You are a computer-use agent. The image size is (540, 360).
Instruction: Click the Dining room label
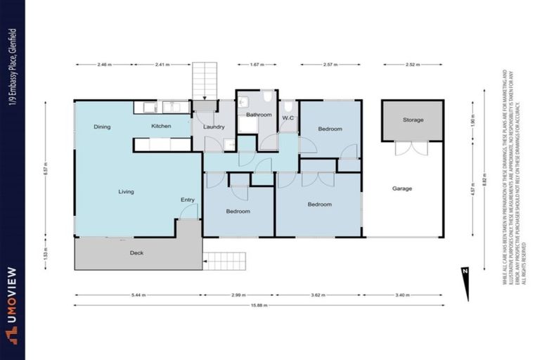pos(102,127)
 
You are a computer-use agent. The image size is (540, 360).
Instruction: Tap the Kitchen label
pos(161,127)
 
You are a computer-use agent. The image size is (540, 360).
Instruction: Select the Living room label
pos(126,191)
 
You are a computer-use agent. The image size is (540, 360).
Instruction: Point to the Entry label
pos(187,200)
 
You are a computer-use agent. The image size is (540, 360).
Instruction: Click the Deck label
pos(137,253)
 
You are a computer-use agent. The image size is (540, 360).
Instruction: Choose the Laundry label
pos(213,127)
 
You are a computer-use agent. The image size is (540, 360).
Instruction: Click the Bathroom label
pos(259,114)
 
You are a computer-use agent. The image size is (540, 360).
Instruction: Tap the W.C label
pos(288,118)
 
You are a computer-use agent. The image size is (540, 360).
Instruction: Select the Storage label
pos(413,120)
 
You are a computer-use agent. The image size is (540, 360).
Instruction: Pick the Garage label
pos(402,188)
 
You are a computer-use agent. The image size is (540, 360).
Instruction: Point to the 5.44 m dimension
pos(137,295)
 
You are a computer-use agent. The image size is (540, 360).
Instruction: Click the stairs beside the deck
pos(224,261)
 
